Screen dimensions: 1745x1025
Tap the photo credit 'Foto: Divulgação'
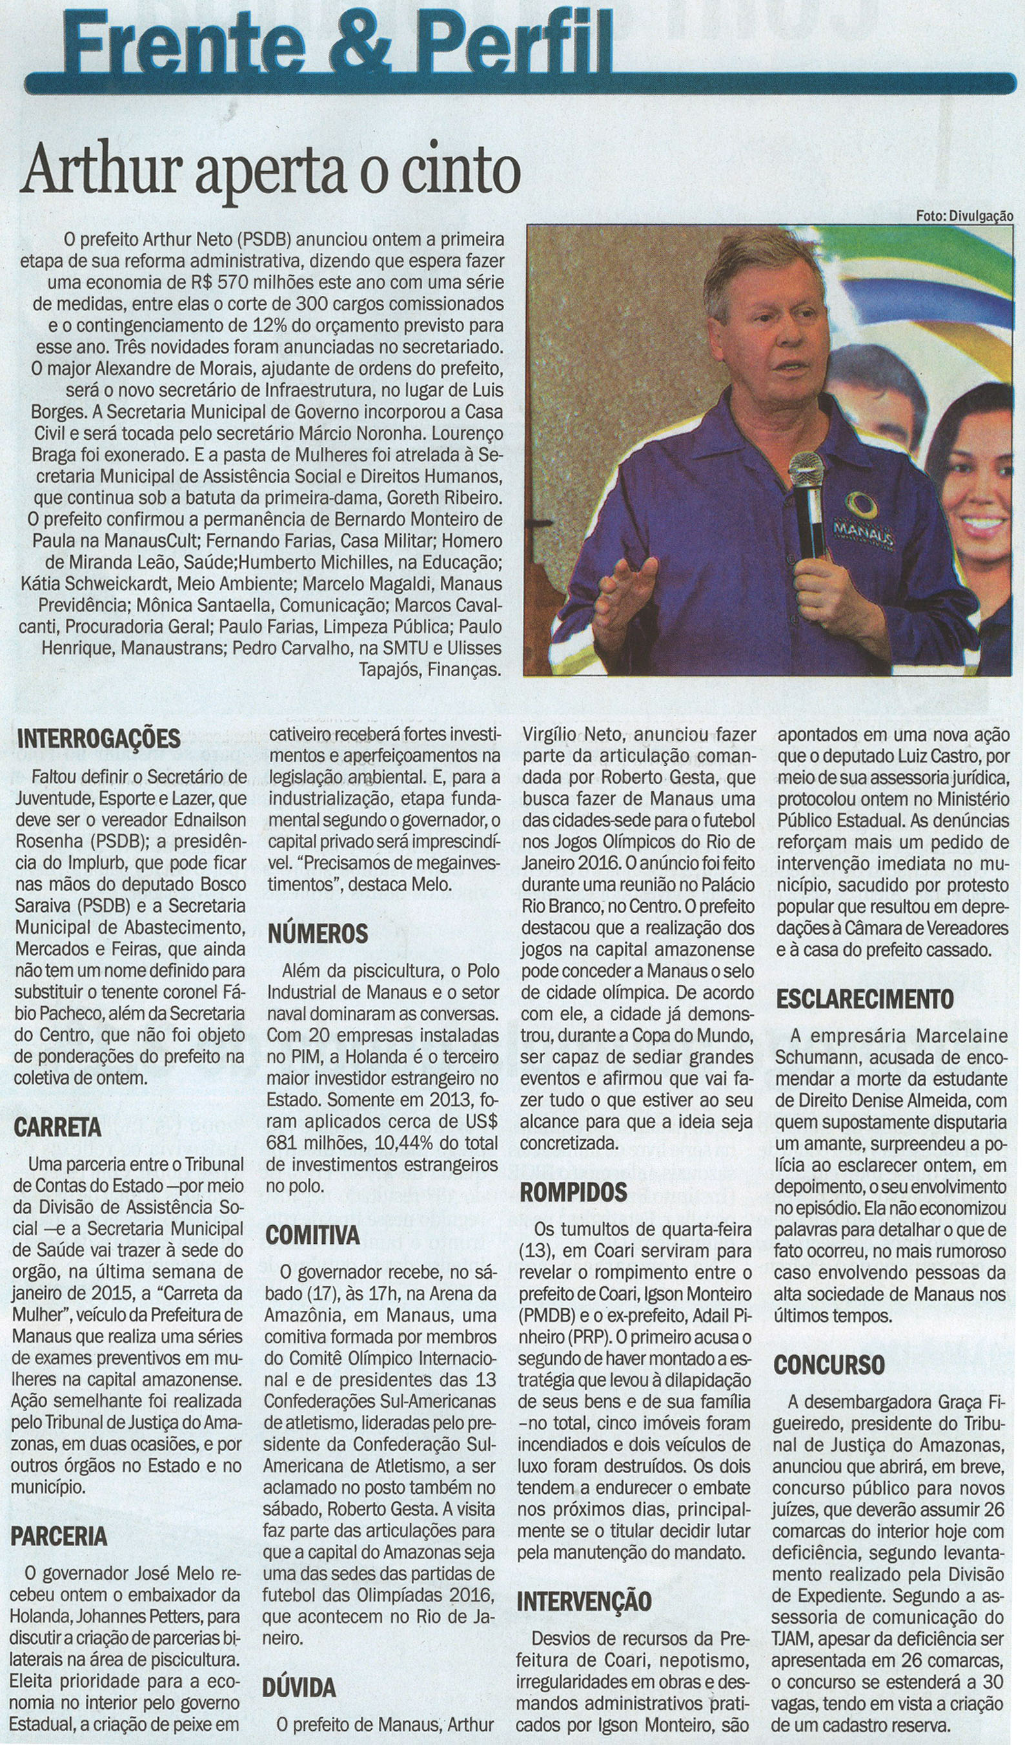click(964, 215)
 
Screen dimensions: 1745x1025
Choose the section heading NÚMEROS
click(318, 934)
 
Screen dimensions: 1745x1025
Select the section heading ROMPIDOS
click(573, 1192)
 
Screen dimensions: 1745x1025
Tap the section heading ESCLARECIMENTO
click(864, 998)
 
